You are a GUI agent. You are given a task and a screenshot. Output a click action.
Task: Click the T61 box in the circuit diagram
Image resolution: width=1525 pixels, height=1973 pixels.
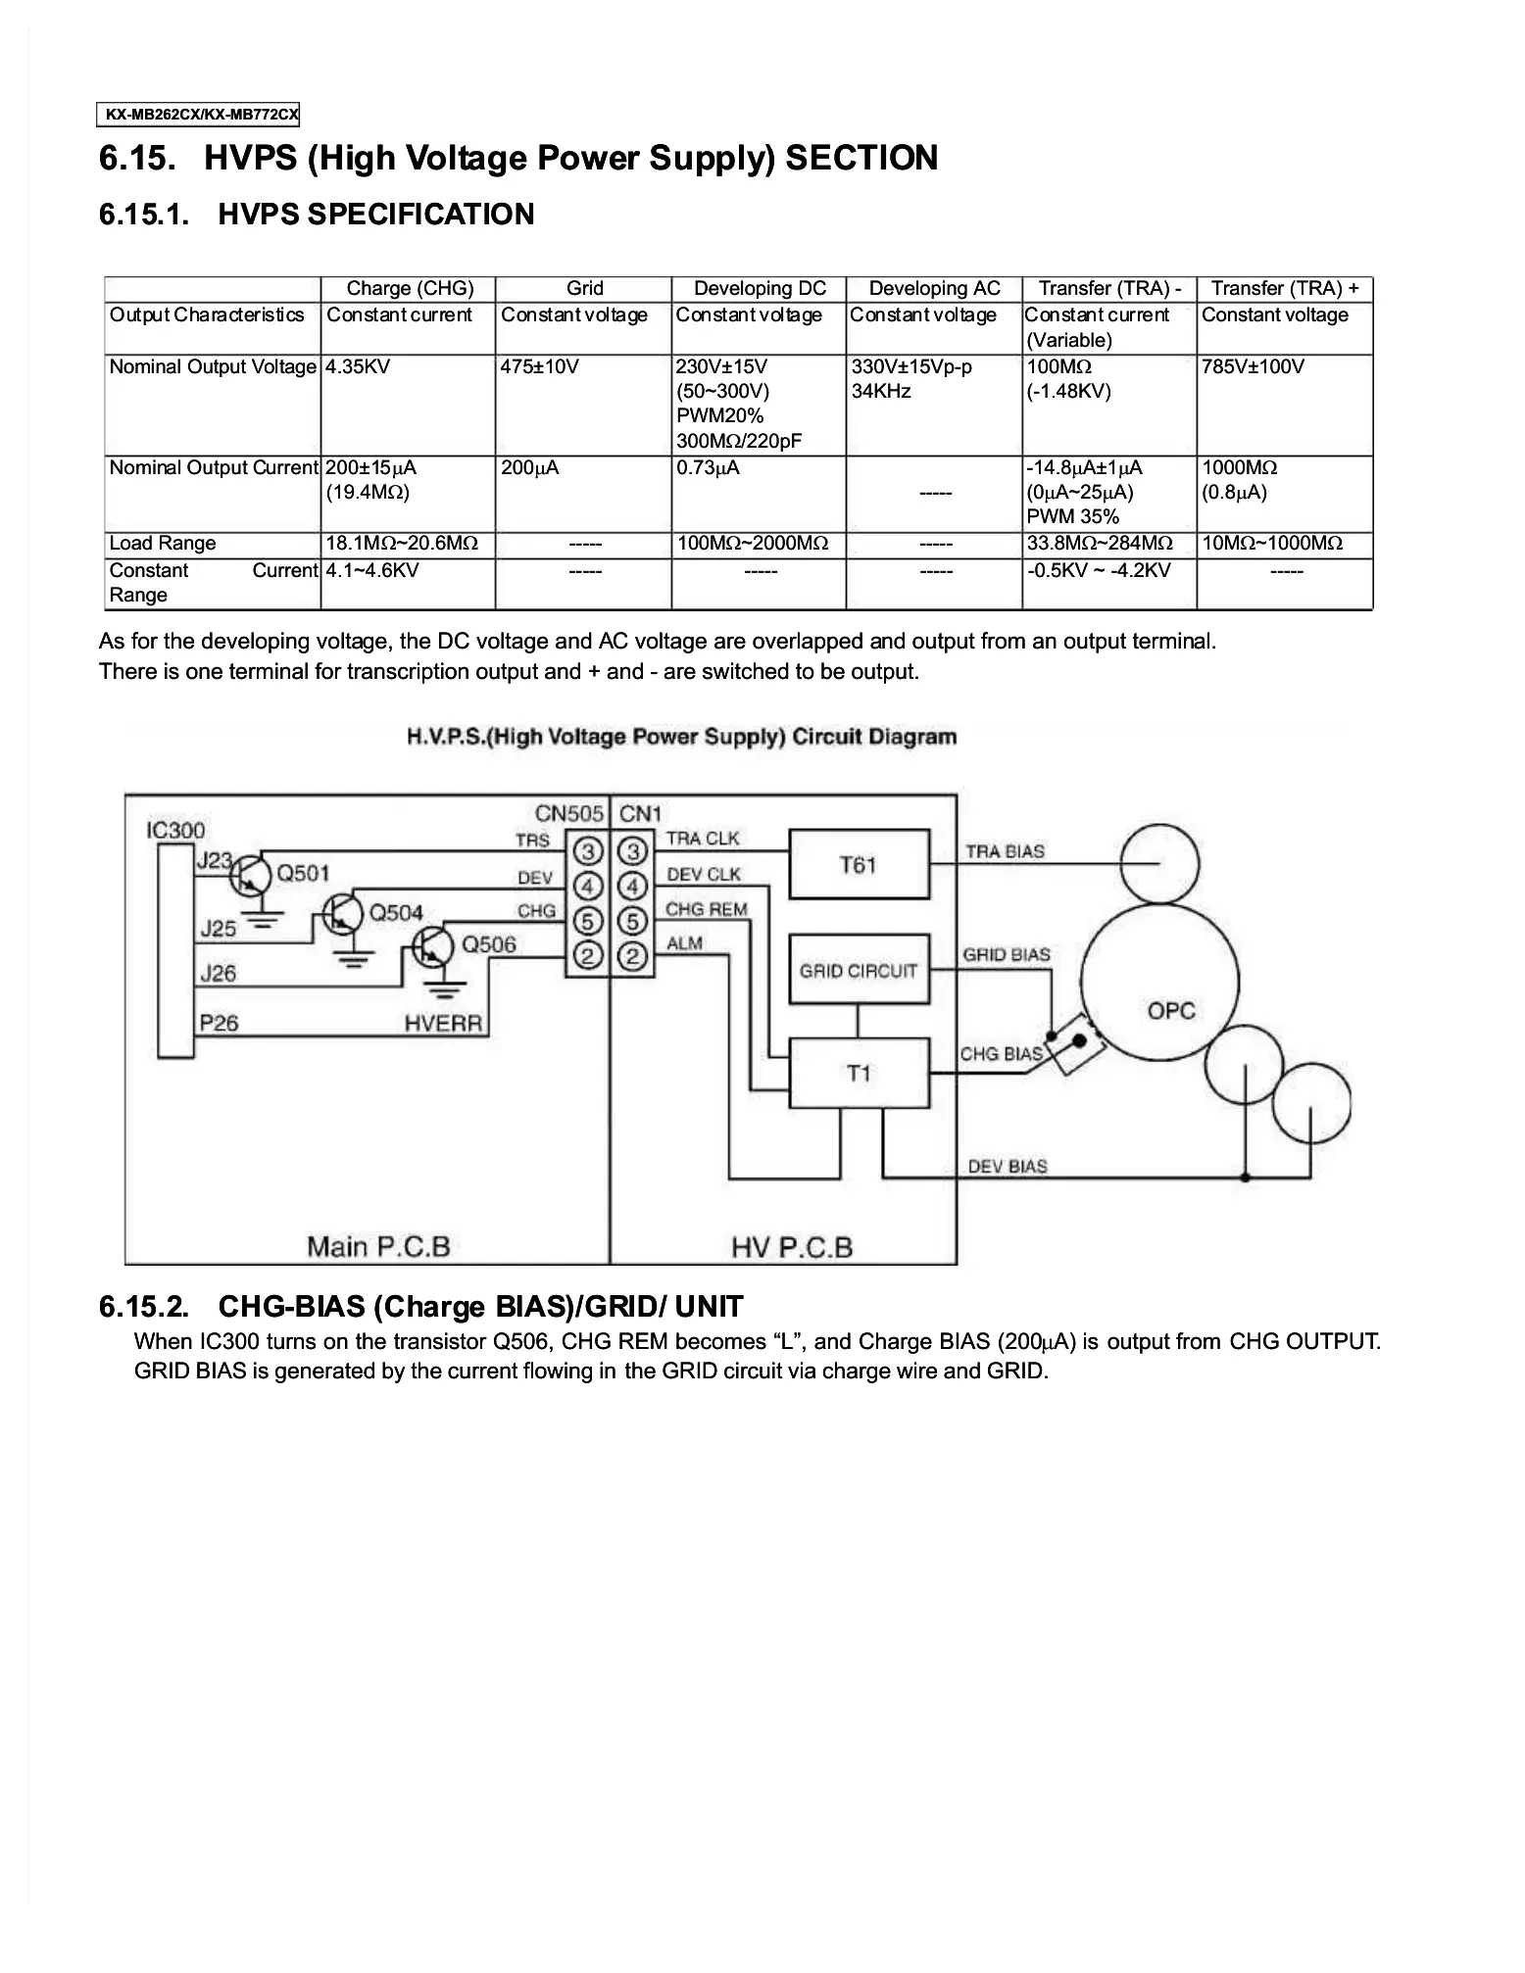click(859, 864)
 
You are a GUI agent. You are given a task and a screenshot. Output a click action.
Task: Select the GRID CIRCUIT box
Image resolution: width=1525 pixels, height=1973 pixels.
click(859, 971)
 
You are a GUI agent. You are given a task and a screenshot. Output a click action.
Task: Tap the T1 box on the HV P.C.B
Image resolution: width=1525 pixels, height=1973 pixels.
click(859, 1074)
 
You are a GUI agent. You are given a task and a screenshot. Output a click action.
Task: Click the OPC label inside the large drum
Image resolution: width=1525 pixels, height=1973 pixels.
click(1171, 1010)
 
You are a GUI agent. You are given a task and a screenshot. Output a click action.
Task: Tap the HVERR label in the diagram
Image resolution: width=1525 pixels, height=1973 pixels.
click(443, 1024)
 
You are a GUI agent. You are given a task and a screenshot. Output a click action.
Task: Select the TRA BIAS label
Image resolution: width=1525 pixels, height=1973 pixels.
click(1005, 851)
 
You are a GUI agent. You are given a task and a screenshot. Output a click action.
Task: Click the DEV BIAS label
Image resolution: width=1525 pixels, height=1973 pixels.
click(1007, 1166)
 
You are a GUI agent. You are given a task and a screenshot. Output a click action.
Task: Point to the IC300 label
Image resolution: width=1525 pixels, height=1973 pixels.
click(175, 830)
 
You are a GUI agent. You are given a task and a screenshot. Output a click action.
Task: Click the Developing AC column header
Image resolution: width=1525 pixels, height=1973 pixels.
click(934, 288)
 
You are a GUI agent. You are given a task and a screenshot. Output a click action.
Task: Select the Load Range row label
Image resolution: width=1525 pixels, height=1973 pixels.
click(163, 544)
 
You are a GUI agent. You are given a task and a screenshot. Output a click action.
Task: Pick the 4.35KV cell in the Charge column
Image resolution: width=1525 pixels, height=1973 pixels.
click(358, 366)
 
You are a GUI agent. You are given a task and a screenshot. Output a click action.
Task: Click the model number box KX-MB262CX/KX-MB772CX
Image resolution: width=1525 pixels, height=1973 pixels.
click(199, 115)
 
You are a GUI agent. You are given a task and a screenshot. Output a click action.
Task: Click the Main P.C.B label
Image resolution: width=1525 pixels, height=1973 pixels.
click(378, 1246)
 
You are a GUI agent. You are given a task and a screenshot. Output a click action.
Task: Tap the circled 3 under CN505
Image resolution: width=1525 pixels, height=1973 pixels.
click(587, 850)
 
